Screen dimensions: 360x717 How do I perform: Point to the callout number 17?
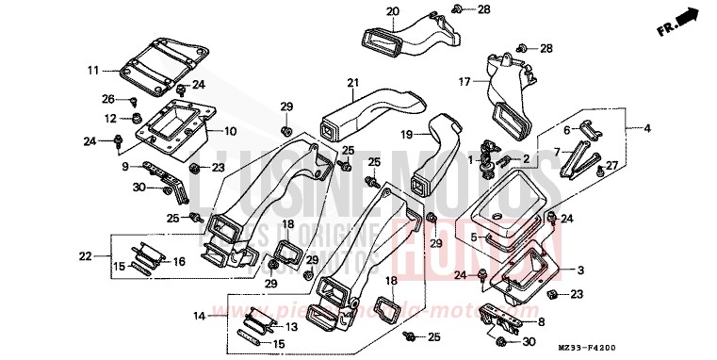(464, 81)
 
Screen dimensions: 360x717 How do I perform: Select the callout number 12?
(109, 119)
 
